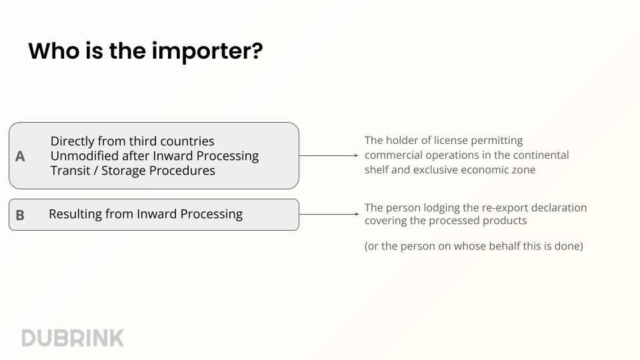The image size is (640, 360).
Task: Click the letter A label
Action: [x=20, y=156]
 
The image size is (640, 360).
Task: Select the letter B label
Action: [x=20, y=215]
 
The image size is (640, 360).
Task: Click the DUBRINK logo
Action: [x=73, y=338]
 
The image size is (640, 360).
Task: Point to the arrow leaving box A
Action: [x=329, y=155]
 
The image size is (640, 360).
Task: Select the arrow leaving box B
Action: [x=329, y=214]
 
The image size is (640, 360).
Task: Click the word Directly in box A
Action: [x=74, y=141]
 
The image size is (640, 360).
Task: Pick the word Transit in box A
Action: [x=70, y=171]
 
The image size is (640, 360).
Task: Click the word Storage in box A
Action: [x=125, y=171]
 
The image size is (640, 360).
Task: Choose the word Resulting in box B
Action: [x=75, y=214]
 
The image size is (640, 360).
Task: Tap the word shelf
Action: [x=378, y=170]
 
